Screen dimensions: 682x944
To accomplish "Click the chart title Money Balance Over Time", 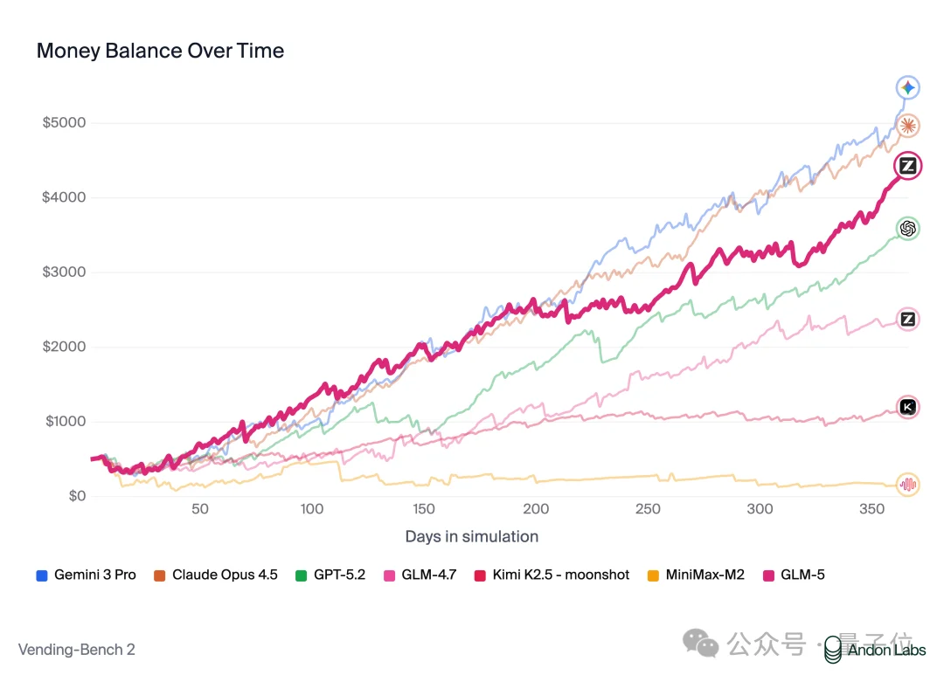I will (x=160, y=51).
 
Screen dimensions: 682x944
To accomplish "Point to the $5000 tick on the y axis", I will (x=65, y=122).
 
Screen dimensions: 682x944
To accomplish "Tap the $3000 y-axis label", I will (x=65, y=272).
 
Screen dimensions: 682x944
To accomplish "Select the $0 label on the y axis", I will (x=77, y=496).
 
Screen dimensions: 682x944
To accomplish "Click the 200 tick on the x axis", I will (x=536, y=509).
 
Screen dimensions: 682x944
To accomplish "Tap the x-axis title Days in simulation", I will (x=471, y=536).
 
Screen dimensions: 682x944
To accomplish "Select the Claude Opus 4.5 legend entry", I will (x=216, y=575).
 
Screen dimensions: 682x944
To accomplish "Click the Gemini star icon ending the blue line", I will (x=908, y=87).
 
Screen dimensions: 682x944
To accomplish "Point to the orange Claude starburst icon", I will (x=908, y=126).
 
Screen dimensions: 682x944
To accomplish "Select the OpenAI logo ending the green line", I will (x=908, y=229).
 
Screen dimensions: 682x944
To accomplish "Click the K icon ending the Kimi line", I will (x=908, y=406).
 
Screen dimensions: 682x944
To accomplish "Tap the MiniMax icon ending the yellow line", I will (x=908, y=485).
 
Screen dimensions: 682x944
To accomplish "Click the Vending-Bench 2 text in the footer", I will (x=76, y=649).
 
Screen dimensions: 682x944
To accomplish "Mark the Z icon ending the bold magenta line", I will (x=908, y=166).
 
